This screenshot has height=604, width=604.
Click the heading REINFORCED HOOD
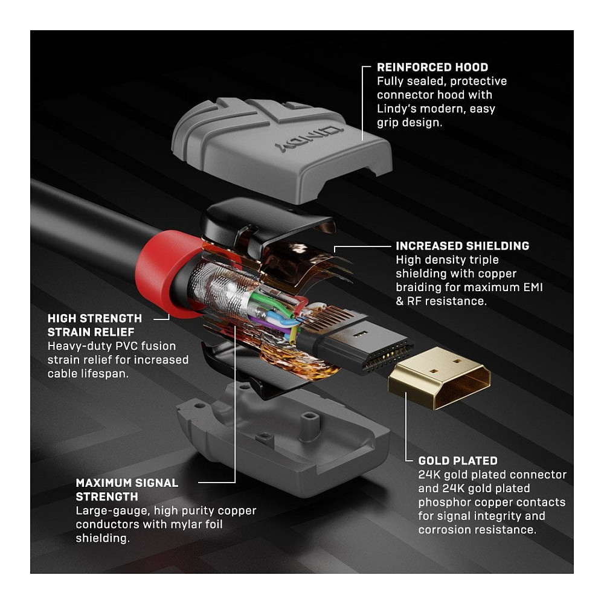click(432, 68)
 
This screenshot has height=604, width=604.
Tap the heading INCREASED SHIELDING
click(462, 246)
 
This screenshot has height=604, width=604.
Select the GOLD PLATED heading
click(458, 461)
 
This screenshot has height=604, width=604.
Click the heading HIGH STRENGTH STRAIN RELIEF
click(95, 325)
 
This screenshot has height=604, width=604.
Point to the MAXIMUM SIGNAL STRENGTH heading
click(127, 490)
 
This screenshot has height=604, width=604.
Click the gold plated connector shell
click(440, 377)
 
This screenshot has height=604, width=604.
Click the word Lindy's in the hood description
click(396, 109)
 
